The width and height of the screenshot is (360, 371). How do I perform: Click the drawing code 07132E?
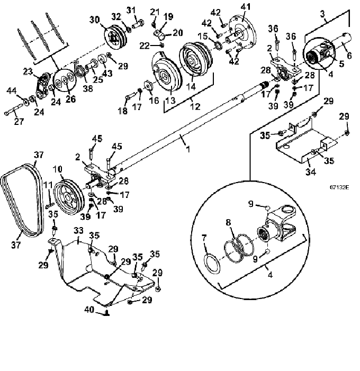pos(339,187)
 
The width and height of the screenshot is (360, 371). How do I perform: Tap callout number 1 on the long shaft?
pos(188,149)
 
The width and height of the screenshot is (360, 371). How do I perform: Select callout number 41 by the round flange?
pos(246,7)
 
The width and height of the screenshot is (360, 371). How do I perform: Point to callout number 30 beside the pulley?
pos(94,20)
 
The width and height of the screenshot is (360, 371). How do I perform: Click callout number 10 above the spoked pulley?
pos(58,169)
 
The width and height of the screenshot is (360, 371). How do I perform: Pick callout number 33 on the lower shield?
pos(78,230)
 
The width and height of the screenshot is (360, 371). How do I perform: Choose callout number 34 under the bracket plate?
pos(311,171)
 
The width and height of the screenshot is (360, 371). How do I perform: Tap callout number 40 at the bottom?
pos(89,310)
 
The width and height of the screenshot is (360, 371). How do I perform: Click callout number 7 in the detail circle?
pos(204,237)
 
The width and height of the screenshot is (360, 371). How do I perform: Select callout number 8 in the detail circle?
pos(228,222)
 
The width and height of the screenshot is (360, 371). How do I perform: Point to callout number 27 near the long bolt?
pos(19,122)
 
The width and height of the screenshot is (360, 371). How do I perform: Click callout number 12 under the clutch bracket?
pos(195,106)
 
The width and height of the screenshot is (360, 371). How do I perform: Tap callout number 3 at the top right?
pos(322,14)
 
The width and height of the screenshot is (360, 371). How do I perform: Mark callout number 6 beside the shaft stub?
pos(349,56)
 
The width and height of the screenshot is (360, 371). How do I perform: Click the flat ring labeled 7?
pos(212,263)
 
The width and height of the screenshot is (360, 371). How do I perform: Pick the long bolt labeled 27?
pos(14,110)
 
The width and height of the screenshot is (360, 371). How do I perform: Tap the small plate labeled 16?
pos(149,85)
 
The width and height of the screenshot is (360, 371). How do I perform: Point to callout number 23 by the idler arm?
pos(28,71)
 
